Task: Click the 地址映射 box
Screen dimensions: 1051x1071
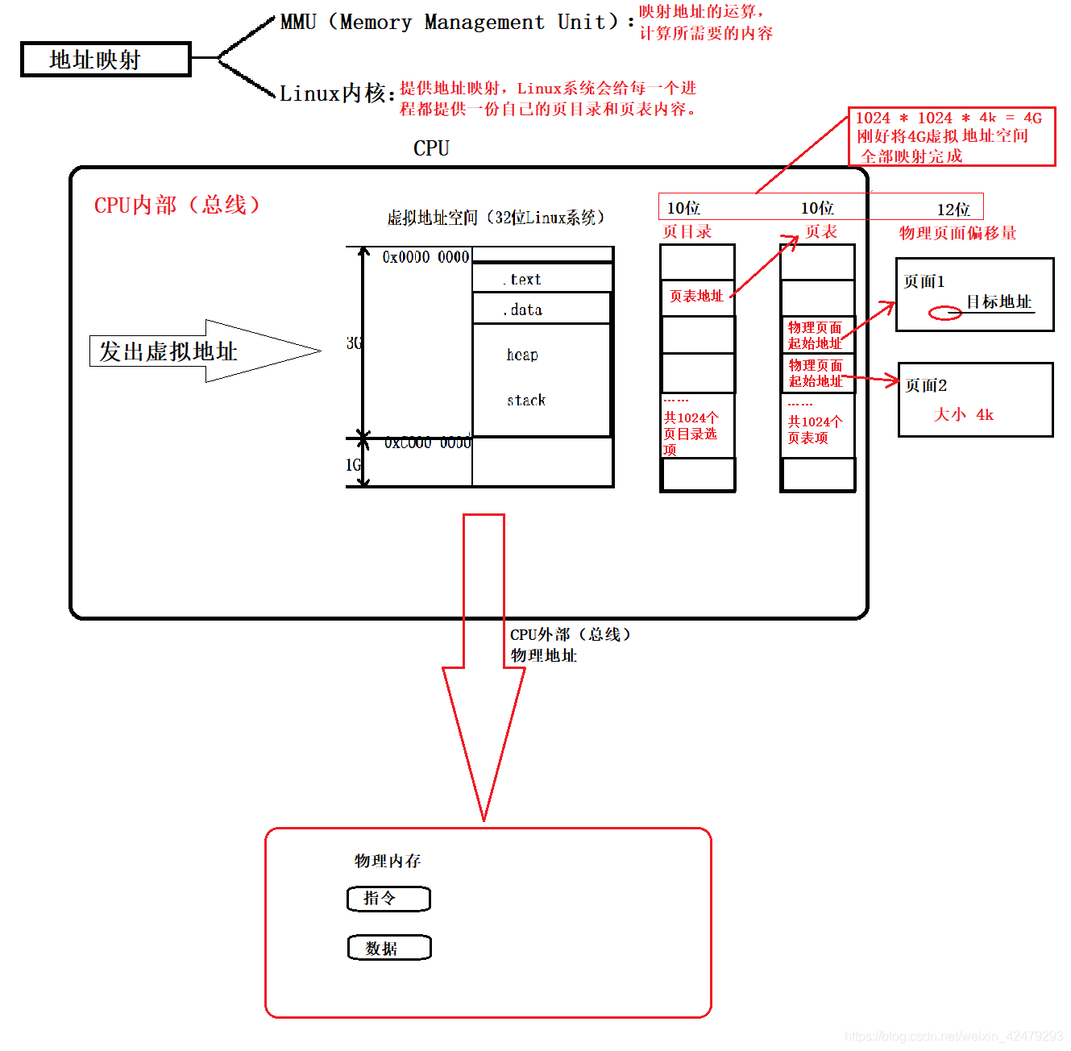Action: coord(106,60)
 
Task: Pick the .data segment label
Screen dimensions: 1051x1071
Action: coord(524,309)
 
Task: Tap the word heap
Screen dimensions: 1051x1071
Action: coord(522,355)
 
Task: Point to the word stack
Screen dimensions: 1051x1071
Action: coord(526,401)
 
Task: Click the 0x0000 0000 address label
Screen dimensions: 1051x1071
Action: coord(425,257)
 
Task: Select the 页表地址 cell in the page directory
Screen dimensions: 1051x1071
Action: coord(696,297)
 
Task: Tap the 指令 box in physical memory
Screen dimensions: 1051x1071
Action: coord(388,899)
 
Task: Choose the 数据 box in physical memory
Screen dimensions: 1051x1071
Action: coord(389,948)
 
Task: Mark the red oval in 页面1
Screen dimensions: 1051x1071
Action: coord(945,314)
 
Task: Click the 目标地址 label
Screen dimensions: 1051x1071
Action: coord(999,302)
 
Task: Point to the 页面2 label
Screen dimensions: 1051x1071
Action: coord(926,385)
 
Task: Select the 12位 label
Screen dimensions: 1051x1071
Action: coord(953,210)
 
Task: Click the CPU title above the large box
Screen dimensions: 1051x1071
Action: coord(431,148)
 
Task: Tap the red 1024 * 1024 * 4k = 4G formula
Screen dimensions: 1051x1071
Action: coord(949,118)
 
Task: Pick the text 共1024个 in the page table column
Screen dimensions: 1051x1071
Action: coord(815,422)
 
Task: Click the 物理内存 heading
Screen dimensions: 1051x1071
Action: coord(388,861)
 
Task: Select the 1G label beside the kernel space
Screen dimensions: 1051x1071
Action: coord(353,465)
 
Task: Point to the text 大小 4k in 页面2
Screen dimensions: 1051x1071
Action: coord(963,415)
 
